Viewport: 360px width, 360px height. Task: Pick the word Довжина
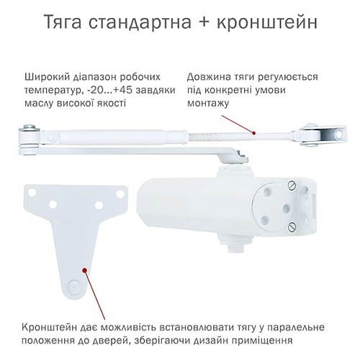208,76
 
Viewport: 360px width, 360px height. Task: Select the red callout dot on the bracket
85,271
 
